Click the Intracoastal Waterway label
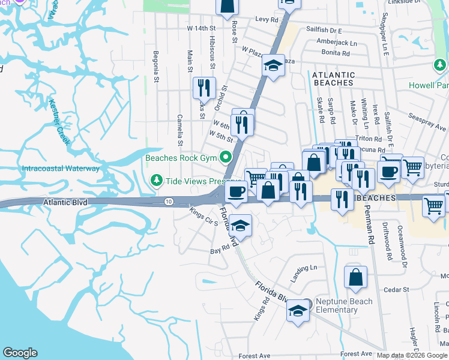[61, 169]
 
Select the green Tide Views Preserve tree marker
[157, 180]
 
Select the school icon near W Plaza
[273, 65]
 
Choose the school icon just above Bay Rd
[240, 226]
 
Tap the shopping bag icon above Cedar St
[355, 277]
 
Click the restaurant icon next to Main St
[204, 88]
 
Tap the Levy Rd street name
[267, 20]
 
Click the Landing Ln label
[304, 269]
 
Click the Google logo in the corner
[20, 352]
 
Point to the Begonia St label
[155, 67]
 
